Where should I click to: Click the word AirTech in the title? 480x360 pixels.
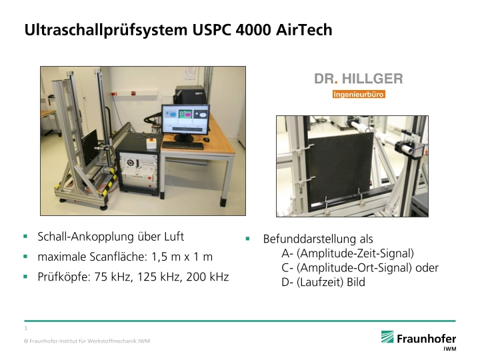[304, 30]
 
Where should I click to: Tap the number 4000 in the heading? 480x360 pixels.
[253, 30]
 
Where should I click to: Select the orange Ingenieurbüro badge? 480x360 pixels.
[359, 94]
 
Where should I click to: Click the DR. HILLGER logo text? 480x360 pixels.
[359, 79]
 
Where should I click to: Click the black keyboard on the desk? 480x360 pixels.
[183, 145]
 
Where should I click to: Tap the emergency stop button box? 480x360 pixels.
[151, 143]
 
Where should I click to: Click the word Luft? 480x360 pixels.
[174, 236]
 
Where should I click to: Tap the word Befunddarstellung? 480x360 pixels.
[309, 239]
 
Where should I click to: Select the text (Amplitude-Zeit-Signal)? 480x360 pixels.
[355, 253]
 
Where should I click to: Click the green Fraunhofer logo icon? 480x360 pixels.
[387, 337]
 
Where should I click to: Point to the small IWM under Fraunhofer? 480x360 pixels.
[450, 349]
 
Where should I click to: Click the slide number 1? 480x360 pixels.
[26, 328]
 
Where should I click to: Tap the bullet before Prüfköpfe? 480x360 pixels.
[25, 277]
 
